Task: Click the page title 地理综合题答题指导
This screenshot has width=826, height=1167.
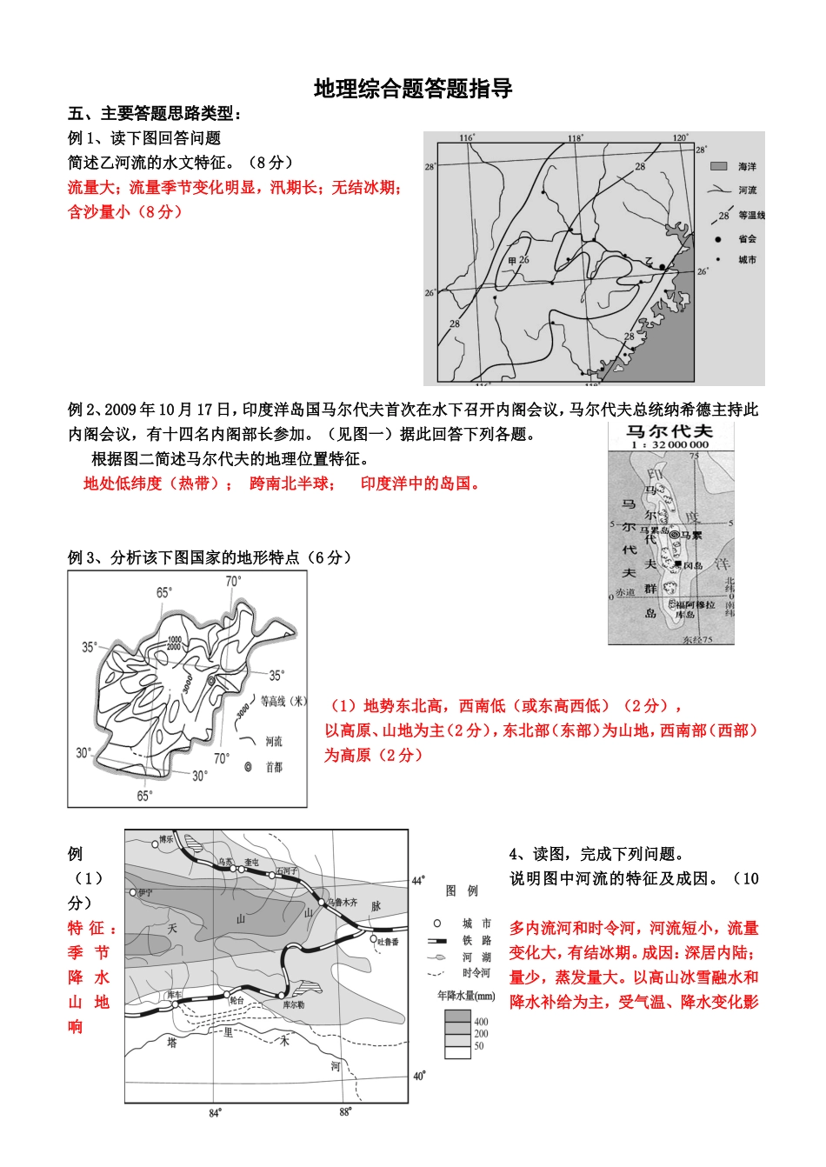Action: pyautogui.click(x=413, y=89)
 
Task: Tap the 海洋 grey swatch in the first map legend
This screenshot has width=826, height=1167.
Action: pyautogui.click(x=718, y=166)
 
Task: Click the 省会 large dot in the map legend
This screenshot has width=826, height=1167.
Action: pyautogui.click(x=718, y=238)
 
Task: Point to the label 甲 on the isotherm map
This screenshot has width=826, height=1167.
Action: pyautogui.click(x=512, y=261)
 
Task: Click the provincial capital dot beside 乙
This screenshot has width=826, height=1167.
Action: pyautogui.click(x=662, y=266)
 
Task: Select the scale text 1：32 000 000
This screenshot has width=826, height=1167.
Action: pyautogui.click(x=669, y=444)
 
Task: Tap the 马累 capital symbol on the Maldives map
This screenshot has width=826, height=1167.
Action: pyautogui.click(x=674, y=535)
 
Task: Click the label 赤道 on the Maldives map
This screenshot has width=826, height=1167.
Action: pyautogui.click(x=625, y=592)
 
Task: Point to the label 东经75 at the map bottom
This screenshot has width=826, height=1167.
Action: pyautogui.click(x=697, y=640)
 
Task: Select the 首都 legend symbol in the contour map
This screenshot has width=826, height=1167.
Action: pyautogui.click(x=249, y=767)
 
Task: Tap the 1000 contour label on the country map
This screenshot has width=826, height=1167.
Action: pyautogui.click(x=174, y=639)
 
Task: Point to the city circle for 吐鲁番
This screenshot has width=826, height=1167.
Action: pyautogui.click(x=374, y=939)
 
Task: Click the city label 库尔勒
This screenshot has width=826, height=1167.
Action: pyautogui.click(x=293, y=1004)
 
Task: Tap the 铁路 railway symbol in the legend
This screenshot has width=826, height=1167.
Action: pyautogui.click(x=437, y=941)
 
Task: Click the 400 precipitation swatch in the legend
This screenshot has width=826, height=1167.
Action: pyautogui.click(x=457, y=1017)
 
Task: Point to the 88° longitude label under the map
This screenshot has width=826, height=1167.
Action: pyautogui.click(x=345, y=1111)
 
